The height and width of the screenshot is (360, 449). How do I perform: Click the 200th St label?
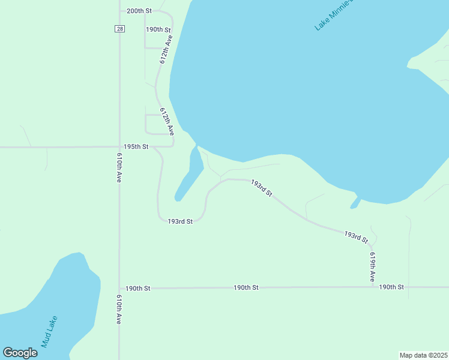pyautogui.click(x=139, y=11)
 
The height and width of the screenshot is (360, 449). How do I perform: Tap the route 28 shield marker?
pyautogui.click(x=120, y=29)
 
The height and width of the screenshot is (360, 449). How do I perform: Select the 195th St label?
pyautogui.click(x=136, y=147)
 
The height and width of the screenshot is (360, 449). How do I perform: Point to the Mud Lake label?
pyautogui.click(x=49, y=332)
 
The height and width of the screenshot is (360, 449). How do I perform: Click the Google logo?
pyautogui.click(x=20, y=353)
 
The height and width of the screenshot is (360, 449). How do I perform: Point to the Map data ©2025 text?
pyautogui.click(x=423, y=355)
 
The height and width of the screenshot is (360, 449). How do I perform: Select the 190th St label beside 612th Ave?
pyautogui.click(x=158, y=29)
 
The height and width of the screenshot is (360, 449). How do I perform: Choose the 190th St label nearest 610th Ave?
pyautogui.click(x=138, y=289)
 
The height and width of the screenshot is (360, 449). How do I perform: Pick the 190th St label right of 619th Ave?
pyautogui.click(x=391, y=287)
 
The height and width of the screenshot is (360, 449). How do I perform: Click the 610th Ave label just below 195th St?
pyautogui.click(x=119, y=168)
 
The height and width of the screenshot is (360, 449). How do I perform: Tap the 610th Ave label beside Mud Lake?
pyautogui.click(x=119, y=310)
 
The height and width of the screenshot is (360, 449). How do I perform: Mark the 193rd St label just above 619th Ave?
pyautogui.click(x=356, y=236)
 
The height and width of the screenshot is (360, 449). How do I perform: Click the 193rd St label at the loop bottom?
pyautogui.click(x=180, y=221)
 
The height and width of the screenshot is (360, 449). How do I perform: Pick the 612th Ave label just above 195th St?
pyautogui.click(x=166, y=121)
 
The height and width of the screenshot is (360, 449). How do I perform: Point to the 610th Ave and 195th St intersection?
pyautogui.click(x=119, y=147)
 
